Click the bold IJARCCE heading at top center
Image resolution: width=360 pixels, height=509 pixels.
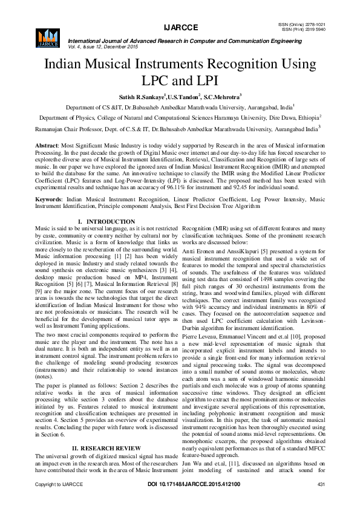tap(180, 28)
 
